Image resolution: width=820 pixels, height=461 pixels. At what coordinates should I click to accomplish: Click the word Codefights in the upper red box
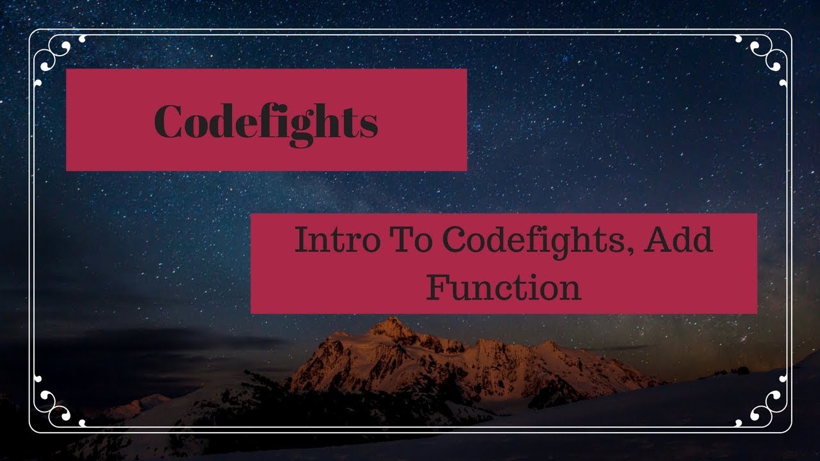click(x=266, y=122)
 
